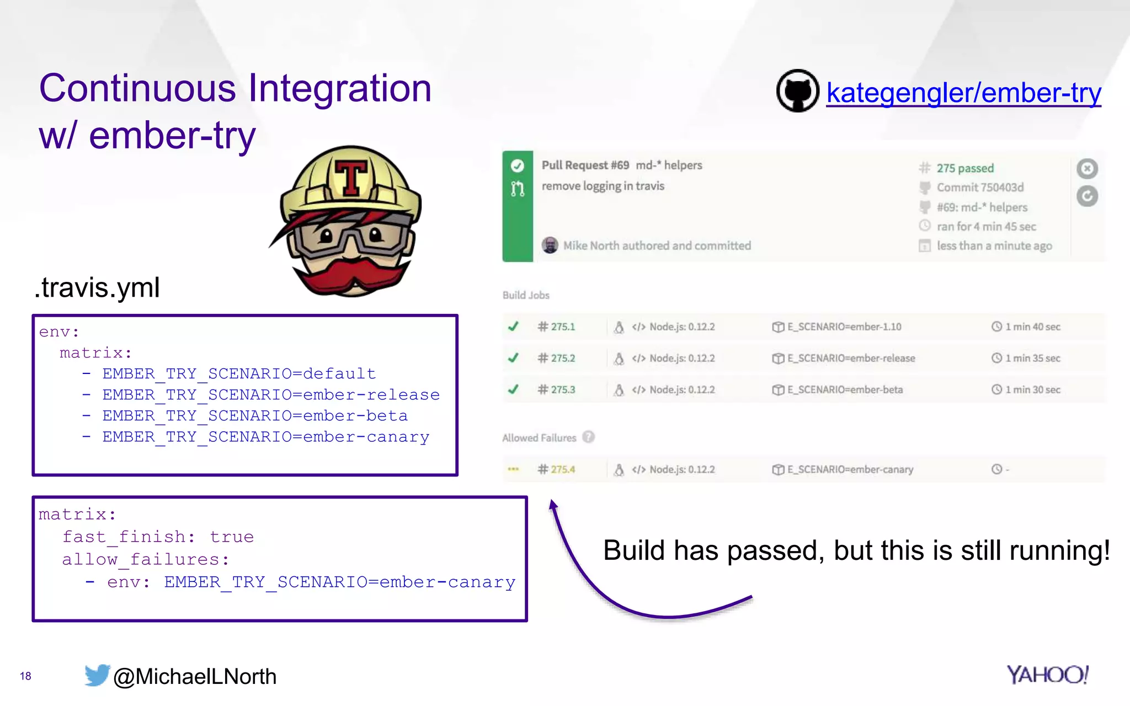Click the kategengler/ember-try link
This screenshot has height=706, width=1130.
tap(963, 93)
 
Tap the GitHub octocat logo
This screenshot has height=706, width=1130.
tap(797, 91)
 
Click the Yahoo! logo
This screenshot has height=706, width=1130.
tap(1047, 675)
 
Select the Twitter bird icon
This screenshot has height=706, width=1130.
tap(97, 675)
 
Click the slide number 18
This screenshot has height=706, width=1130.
tap(25, 676)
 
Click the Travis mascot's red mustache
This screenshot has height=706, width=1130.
tap(351, 274)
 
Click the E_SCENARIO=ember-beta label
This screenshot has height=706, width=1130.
tap(845, 390)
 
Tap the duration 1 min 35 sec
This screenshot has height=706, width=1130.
tap(1032, 359)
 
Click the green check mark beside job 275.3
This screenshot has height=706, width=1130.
tap(513, 389)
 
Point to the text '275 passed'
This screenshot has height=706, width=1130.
tap(965, 168)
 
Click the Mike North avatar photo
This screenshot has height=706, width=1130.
tap(550, 245)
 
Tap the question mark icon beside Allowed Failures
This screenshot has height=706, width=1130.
tap(589, 437)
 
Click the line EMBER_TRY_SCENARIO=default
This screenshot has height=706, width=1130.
tap(239, 374)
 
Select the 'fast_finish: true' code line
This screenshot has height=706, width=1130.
tap(158, 537)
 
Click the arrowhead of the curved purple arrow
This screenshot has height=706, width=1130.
tap(553, 505)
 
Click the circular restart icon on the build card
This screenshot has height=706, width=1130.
tap(1087, 196)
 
